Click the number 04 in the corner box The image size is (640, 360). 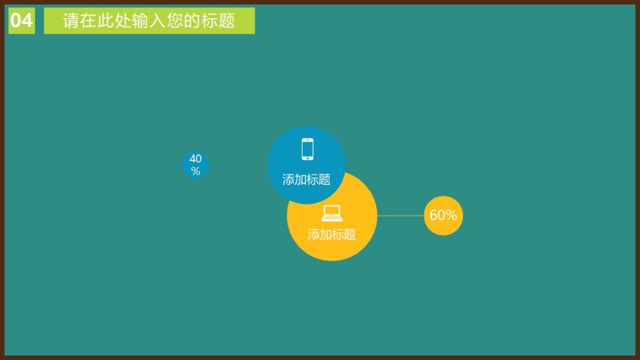coord(21,21)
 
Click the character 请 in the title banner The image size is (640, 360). coord(71,21)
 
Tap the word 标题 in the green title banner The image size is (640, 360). coord(219,21)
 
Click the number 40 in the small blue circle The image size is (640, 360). coord(196,159)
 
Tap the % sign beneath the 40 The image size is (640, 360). coord(196,171)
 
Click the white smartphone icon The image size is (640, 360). coord(307,149)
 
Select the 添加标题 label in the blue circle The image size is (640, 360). coord(306,180)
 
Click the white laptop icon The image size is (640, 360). coord(332,214)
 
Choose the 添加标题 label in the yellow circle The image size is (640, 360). coord(332,235)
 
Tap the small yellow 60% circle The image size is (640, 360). coord(443,216)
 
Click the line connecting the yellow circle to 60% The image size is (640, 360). coord(400,216)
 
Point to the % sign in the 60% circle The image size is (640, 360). coord(451,216)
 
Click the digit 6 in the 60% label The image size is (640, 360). coord(434,216)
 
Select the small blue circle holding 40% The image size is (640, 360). coord(196,165)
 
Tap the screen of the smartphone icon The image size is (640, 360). coord(307,149)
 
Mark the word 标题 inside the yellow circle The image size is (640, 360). coord(344,235)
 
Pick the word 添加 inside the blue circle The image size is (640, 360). coord(294,180)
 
